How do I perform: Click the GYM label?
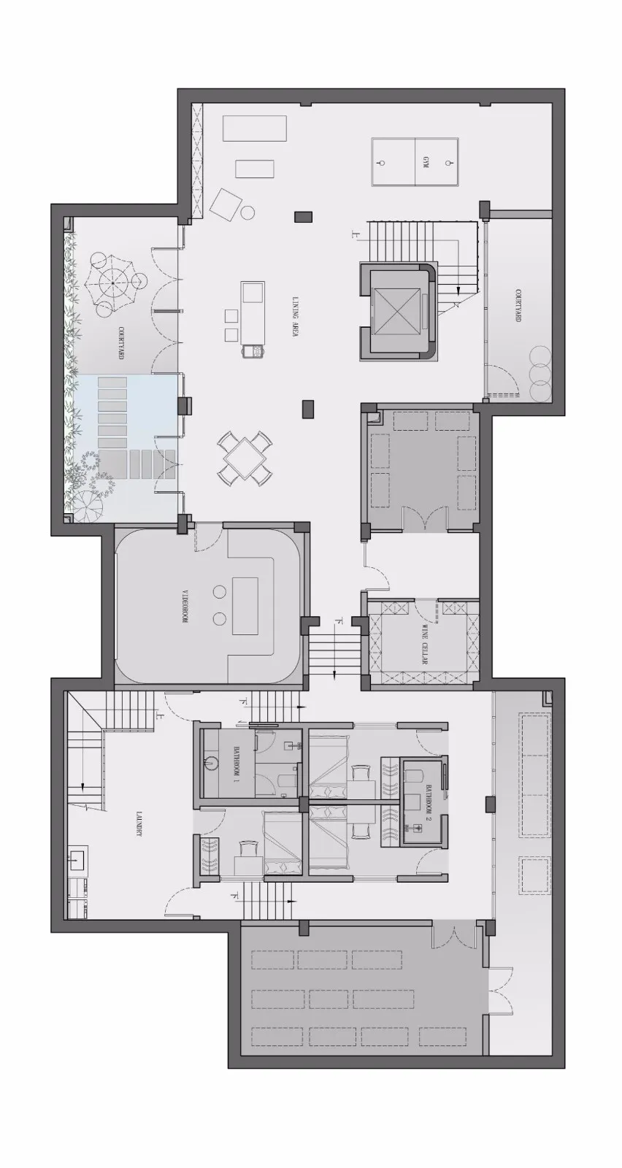pyautogui.click(x=424, y=162)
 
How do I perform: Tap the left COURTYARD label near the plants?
pyautogui.click(x=120, y=343)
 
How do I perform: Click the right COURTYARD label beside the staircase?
pyautogui.click(x=518, y=306)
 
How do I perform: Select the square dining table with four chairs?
pyautogui.click(x=246, y=458)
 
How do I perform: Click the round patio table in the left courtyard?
pyautogui.click(x=114, y=280)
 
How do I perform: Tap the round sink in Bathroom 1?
pyautogui.click(x=212, y=763)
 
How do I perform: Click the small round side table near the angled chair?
pyautogui.click(x=247, y=213)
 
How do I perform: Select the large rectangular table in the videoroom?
pyautogui.click(x=245, y=606)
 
